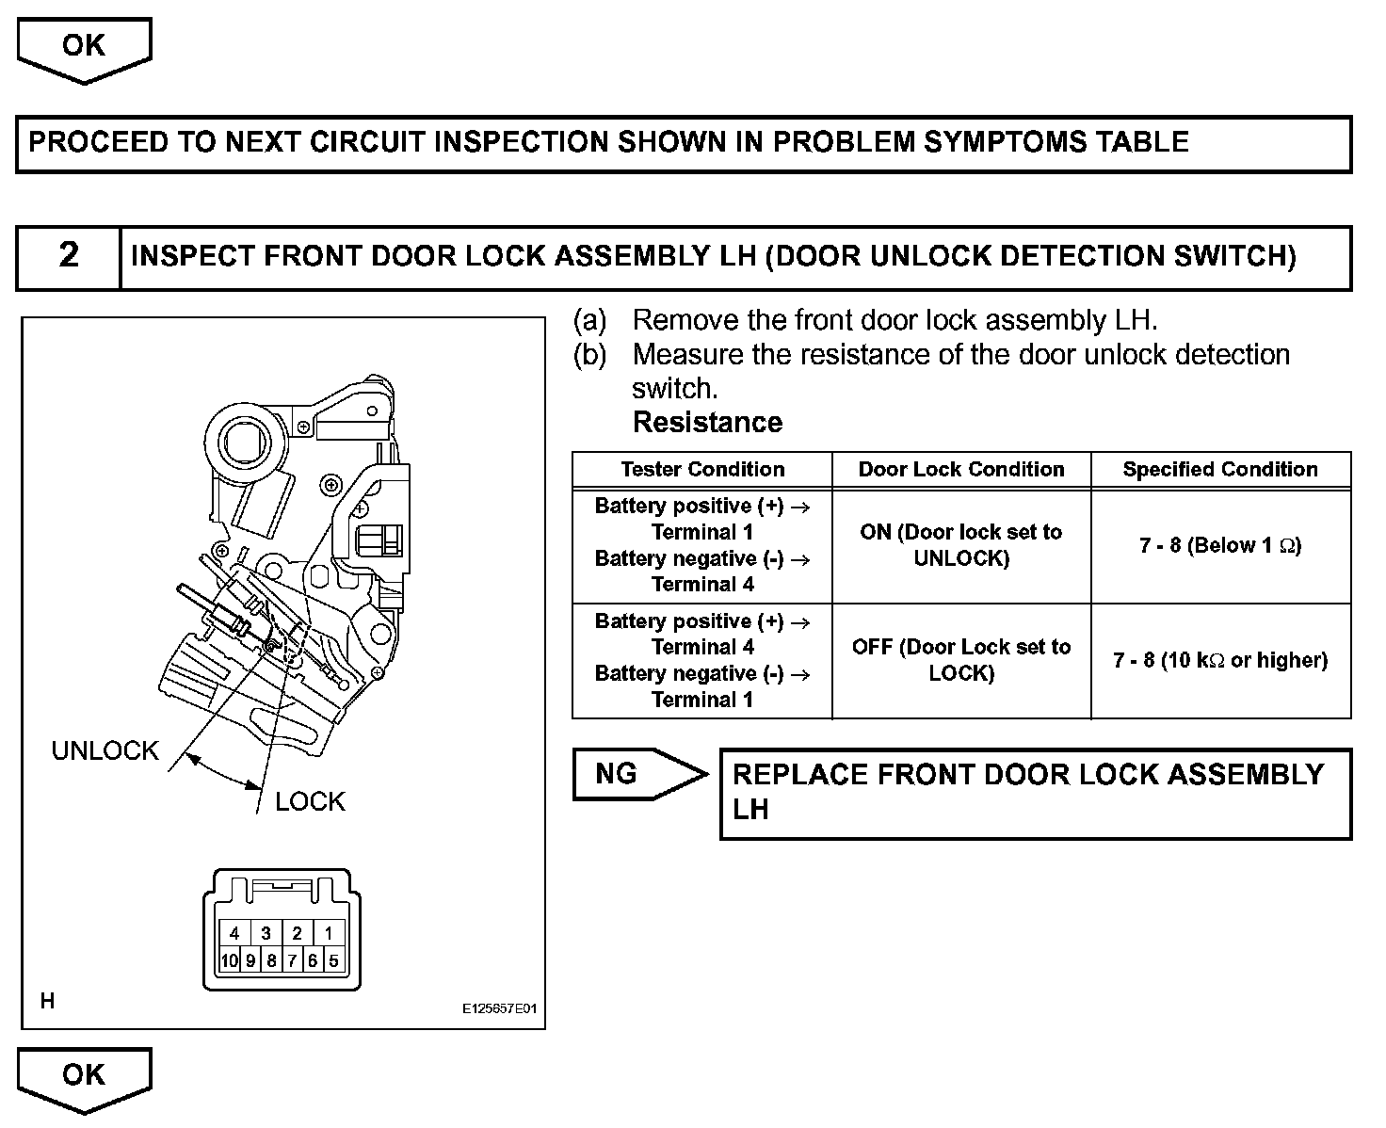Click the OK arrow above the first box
click(84, 47)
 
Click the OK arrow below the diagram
click(84, 1076)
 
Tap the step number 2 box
click(69, 256)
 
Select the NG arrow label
click(618, 774)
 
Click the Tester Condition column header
click(702, 470)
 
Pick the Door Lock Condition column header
click(961, 470)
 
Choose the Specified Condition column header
click(1220, 470)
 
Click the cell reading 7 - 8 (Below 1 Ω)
click(1220, 545)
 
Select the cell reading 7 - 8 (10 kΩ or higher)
click(1220, 661)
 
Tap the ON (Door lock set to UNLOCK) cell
click(961, 545)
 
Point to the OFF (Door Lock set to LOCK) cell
click(961, 660)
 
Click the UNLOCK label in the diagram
click(105, 751)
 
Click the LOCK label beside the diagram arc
click(310, 802)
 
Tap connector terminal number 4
click(234, 934)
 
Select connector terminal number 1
click(328, 934)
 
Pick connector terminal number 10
click(229, 961)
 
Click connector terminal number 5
click(333, 961)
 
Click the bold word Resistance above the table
click(707, 423)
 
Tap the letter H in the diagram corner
click(47, 1002)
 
